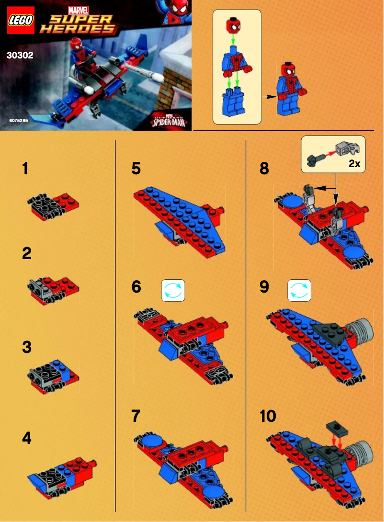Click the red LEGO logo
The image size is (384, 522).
(20, 20)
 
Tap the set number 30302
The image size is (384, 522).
(20, 55)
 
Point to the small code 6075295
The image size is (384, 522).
(18, 121)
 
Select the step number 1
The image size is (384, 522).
(25, 169)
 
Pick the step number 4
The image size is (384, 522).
(27, 438)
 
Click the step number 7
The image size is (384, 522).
(136, 416)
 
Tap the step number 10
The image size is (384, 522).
(268, 416)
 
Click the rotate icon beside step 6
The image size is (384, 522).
(173, 291)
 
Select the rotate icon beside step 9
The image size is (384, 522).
(299, 291)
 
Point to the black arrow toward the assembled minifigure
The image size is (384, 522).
(271, 96)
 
